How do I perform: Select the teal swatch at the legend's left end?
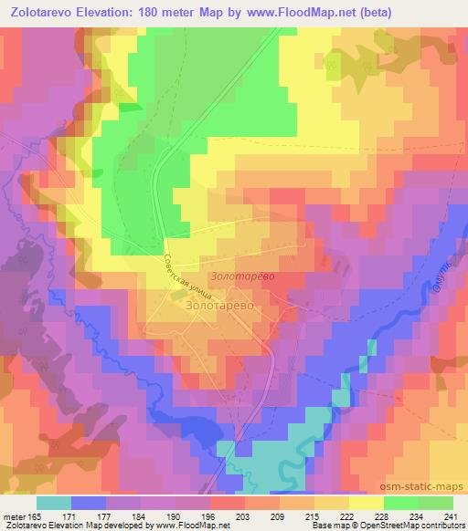tap(54, 503)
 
